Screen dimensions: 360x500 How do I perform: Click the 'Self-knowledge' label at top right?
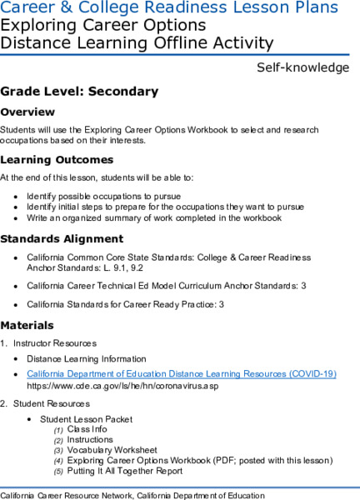(302, 67)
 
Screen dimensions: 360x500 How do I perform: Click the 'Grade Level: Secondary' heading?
(79, 91)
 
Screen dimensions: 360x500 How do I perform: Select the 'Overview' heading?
(28, 112)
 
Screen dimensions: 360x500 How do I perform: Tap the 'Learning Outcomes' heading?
(57, 159)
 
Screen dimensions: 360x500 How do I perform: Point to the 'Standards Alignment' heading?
(62, 239)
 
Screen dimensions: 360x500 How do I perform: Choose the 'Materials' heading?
(27, 324)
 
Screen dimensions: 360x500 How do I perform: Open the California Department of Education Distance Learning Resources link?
(181, 374)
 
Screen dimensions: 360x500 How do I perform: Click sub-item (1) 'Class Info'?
(87, 429)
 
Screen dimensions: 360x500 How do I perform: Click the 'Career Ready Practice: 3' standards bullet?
(125, 304)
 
